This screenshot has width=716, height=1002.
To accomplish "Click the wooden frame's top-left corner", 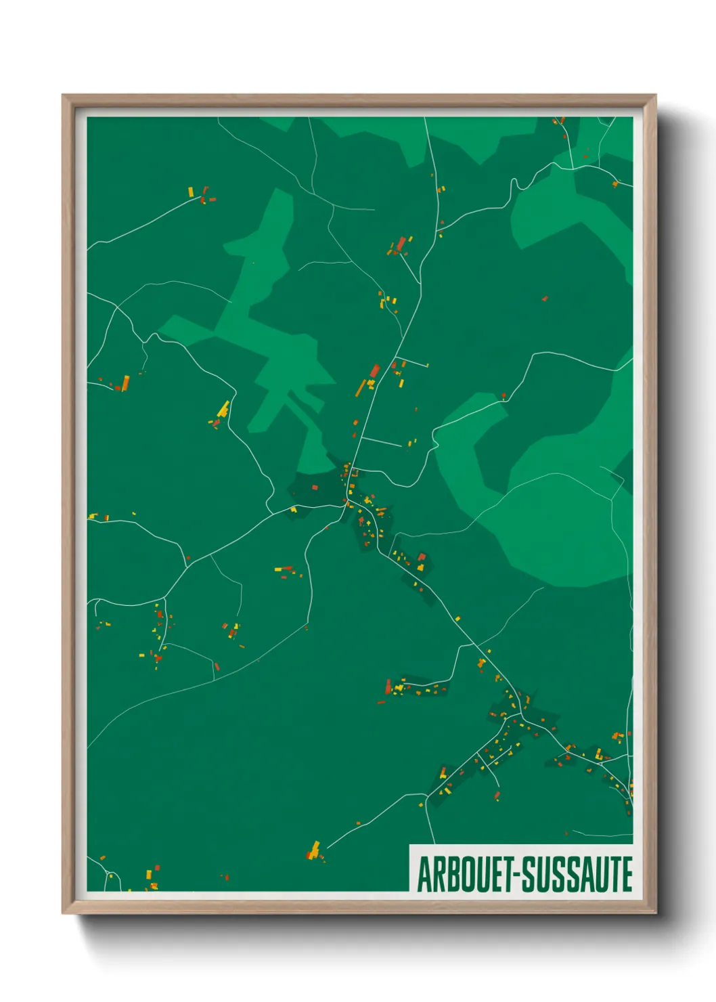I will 64,96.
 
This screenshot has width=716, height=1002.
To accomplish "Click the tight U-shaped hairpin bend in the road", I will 514,183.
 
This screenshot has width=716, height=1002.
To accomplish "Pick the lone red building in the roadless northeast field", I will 544,298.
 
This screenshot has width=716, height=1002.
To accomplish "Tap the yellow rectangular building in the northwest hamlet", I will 191,192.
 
